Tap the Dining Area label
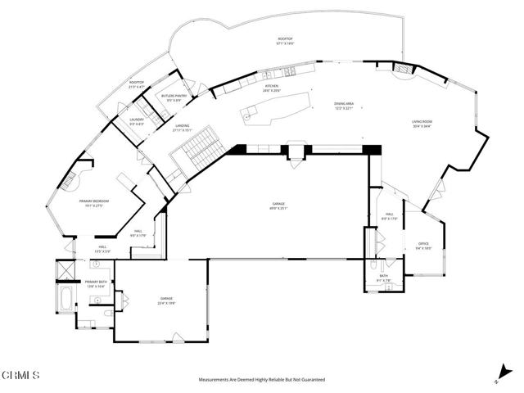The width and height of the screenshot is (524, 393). pyautogui.click(x=344, y=104)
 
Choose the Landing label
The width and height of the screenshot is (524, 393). pyautogui.click(x=181, y=126)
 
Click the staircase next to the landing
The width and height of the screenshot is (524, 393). pyautogui.click(x=196, y=151)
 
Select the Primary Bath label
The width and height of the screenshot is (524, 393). pyautogui.click(x=97, y=282)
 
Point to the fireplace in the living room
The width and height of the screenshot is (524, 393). pyautogui.click(x=403, y=70)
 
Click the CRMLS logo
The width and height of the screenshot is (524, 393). pyautogui.click(x=20, y=376)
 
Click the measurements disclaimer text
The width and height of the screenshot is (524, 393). pyautogui.click(x=261, y=380)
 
